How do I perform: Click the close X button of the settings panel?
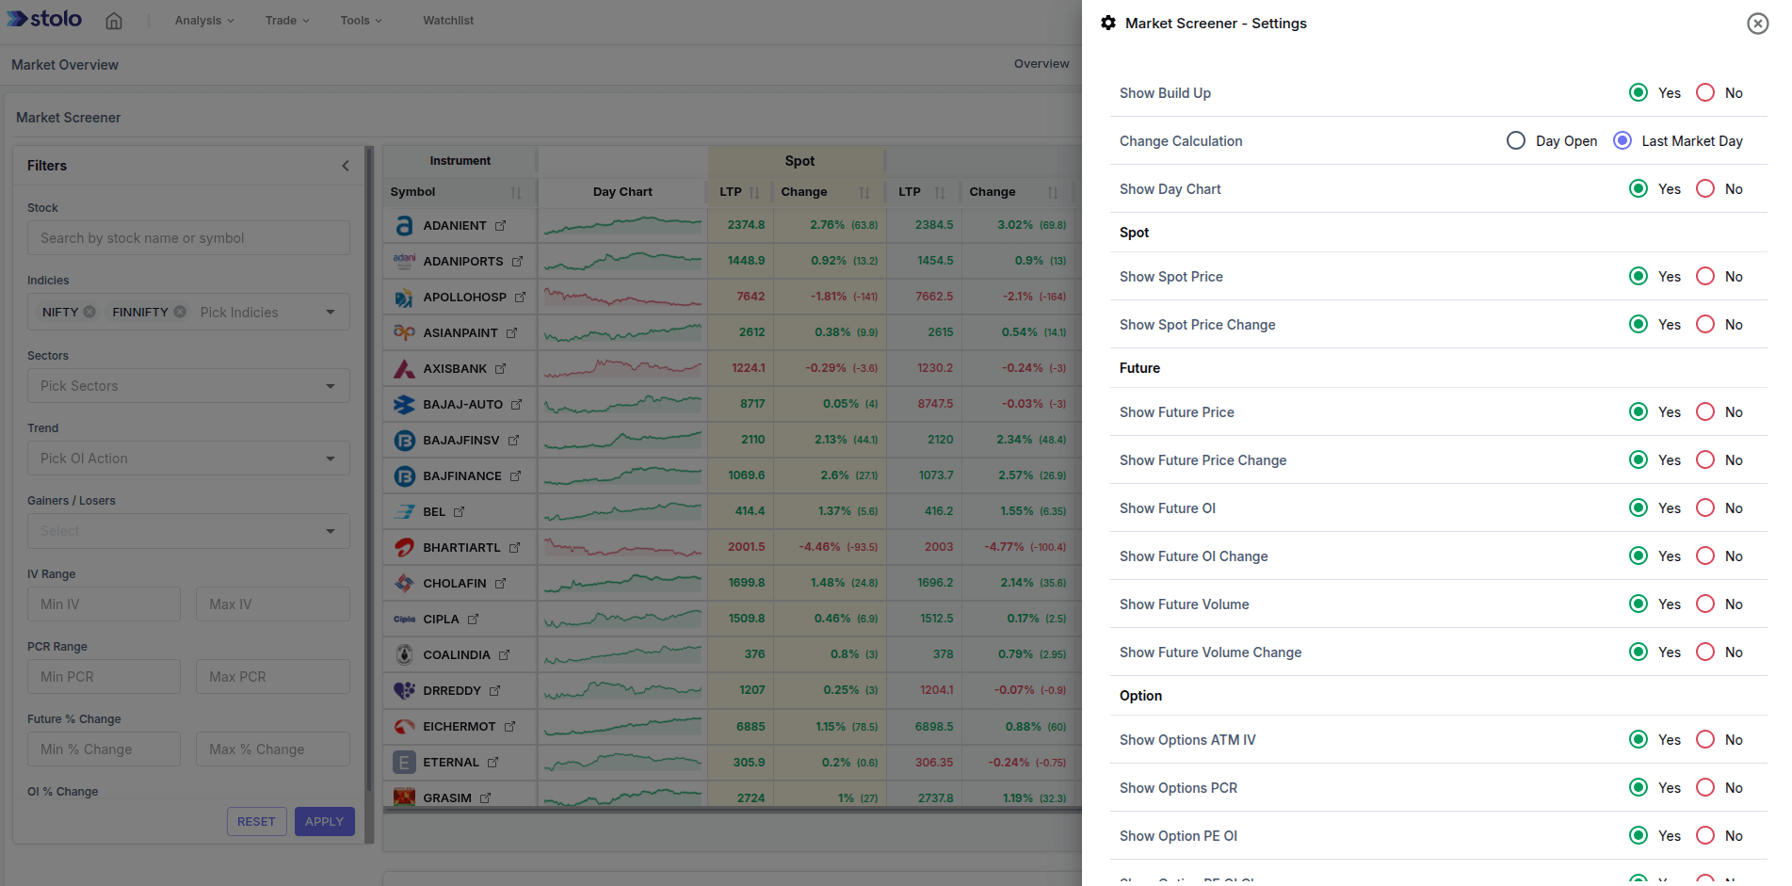[1757, 24]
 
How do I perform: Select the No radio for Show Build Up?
[1705, 92]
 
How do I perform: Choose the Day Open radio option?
[1516, 140]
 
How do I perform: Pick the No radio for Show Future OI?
[1705, 507]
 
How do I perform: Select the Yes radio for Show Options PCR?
[1639, 787]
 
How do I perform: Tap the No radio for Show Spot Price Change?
[1705, 324]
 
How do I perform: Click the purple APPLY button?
[324, 821]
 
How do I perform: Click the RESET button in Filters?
[256, 821]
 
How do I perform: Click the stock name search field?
[188, 238]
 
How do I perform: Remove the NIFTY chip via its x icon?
[89, 312]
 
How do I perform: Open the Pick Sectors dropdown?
[188, 386]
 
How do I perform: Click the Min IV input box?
[104, 604]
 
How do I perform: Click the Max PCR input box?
[272, 677]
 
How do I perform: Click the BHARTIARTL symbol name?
[461, 547]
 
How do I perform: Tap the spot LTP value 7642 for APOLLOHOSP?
[751, 297]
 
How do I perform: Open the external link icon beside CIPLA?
[473, 620]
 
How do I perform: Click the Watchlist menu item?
[448, 21]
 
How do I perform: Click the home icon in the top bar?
[114, 21]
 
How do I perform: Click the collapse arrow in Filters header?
[346, 166]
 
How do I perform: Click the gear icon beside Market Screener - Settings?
[1108, 23]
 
